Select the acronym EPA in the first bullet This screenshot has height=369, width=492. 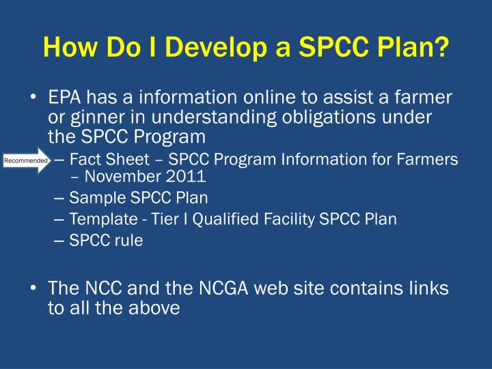click(64, 99)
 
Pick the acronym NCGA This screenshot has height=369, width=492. click(189, 289)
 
